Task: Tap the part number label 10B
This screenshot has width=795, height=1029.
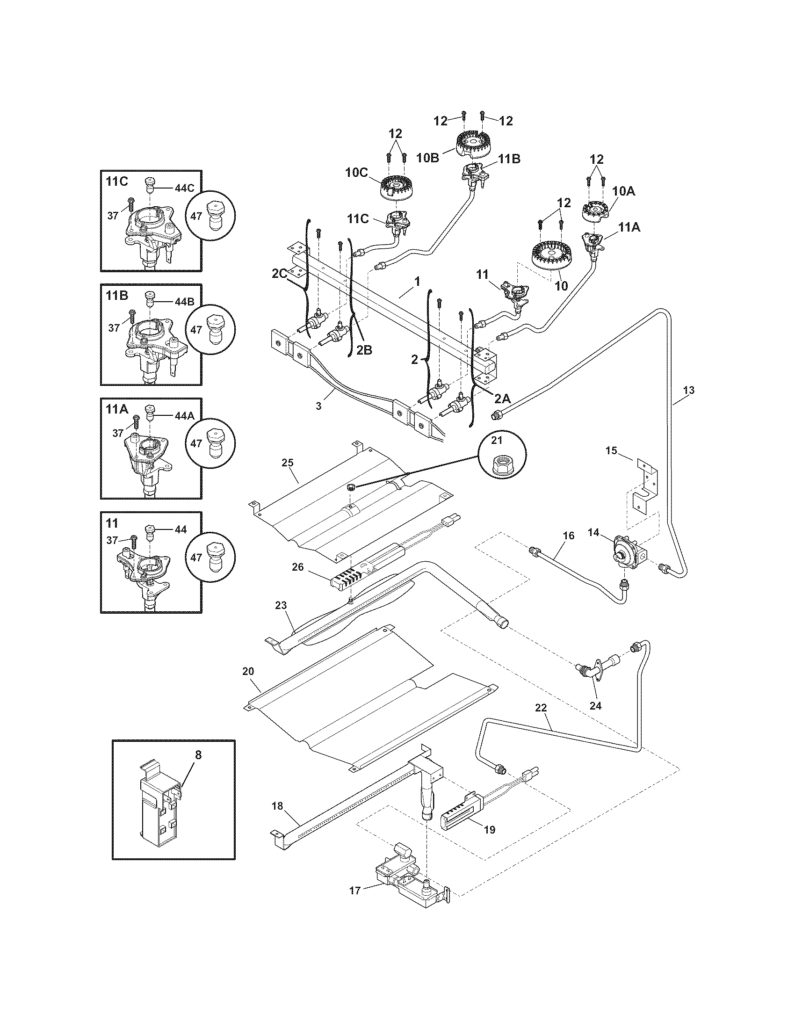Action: point(428,158)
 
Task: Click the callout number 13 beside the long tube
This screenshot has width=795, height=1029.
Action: point(688,390)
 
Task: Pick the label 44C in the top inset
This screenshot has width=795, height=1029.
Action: point(184,188)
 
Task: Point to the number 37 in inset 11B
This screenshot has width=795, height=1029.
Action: point(114,328)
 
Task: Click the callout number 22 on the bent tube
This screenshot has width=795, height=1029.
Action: point(541,720)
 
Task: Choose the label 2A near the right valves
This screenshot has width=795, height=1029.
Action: point(502,399)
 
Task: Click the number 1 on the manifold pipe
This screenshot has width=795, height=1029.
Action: point(417,281)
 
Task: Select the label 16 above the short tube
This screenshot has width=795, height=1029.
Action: point(569,535)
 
